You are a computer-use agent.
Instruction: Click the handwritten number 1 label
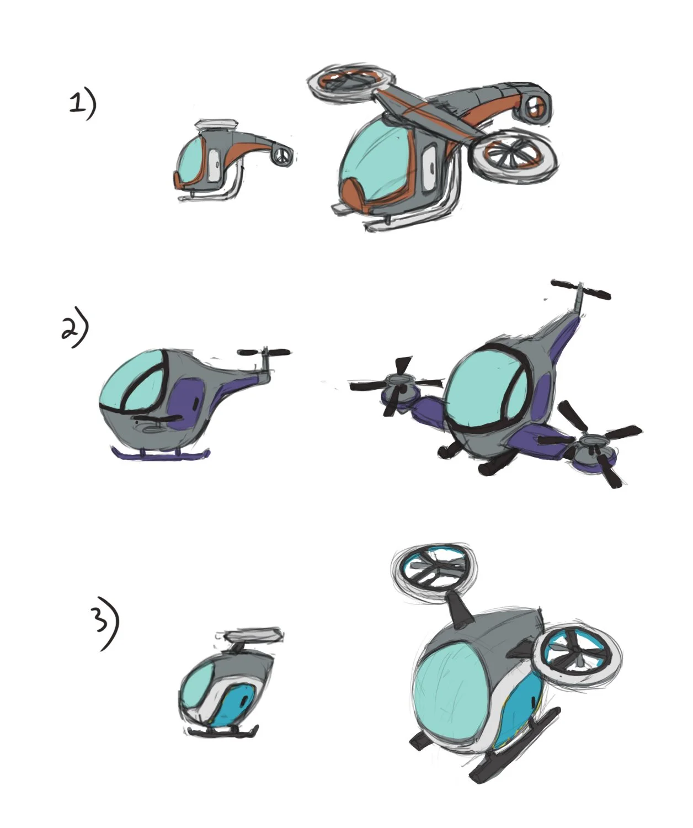[x=76, y=104]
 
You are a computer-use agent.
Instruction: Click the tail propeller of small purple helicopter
[x=265, y=352]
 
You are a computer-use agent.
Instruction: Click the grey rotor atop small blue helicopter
[x=255, y=636]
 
